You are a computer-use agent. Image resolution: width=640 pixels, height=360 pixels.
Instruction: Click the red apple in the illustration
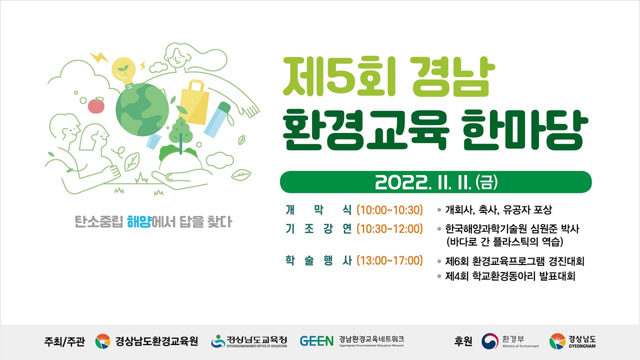[96, 105]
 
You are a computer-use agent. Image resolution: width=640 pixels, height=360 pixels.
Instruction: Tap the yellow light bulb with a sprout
[124, 71]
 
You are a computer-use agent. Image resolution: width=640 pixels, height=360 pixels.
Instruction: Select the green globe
[142, 109]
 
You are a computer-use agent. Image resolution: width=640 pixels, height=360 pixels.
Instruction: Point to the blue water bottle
[217, 119]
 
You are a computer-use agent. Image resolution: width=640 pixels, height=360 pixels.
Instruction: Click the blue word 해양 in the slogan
[139, 221]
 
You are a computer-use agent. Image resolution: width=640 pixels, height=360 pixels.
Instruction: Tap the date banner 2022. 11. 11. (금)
[435, 182]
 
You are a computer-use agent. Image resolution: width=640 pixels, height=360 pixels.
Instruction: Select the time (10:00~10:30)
[389, 210]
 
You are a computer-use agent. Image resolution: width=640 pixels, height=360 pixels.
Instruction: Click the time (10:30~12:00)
[389, 229]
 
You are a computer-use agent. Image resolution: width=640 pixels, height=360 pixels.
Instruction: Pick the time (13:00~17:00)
[389, 260]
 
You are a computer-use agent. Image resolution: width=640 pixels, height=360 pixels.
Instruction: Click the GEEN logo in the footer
[316, 341]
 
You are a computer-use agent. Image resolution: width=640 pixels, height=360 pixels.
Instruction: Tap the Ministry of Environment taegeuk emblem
[490, 341]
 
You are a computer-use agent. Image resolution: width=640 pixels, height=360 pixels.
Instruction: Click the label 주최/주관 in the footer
[64, 341]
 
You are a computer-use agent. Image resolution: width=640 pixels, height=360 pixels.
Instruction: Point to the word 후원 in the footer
[463, 341]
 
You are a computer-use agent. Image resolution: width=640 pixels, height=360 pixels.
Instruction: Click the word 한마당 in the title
[525, 130]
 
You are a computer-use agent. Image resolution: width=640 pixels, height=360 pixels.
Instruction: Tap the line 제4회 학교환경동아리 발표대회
[510, 276]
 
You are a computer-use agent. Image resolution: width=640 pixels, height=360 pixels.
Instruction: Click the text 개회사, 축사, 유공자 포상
[498, 210]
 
